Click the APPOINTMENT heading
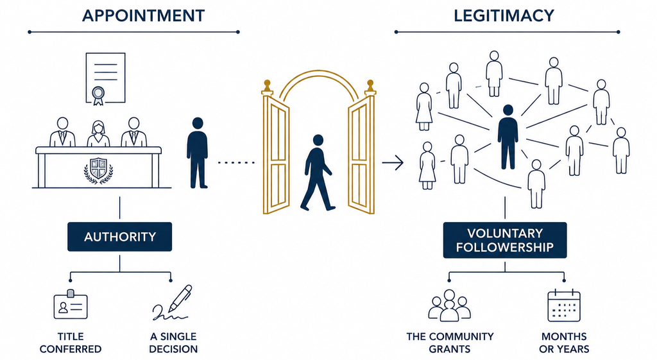[143, 16]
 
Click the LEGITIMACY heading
[504, 16]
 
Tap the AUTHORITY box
[120, 237]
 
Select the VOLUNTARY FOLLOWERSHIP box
[505, 240]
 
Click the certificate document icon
[105, 78]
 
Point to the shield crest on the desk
[98, 170]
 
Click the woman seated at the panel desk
[98, 133]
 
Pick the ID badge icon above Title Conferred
[71, 305]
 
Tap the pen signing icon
[172, 303]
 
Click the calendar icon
[564, 305]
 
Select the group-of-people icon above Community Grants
[450, 305]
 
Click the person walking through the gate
[317, 173]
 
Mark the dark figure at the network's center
[508, 137]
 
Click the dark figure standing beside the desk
[198, 153]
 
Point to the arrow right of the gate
[393, 162]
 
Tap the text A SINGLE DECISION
[173, 343]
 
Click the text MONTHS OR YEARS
[564, 343]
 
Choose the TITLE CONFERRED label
[71, 343]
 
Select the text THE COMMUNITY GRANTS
[450, 343]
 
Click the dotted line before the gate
[236, 162]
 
